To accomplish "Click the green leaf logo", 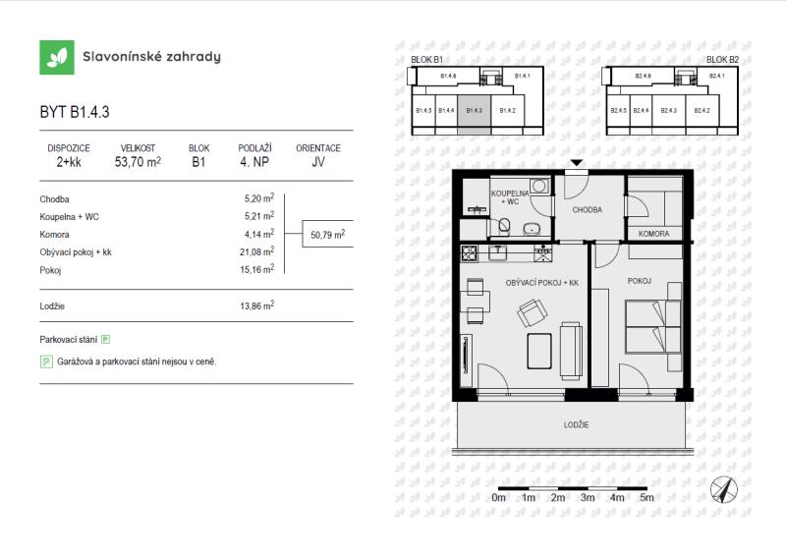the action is click(x=57, y=58).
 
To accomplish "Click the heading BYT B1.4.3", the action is click(x=75, y=112).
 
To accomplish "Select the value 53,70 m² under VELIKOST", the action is click(x=138, y=162).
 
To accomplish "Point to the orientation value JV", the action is click(x=317, y=162).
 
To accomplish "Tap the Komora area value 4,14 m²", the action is click(x=259, y=234).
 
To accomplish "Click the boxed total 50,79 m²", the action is click(x=328, y=234).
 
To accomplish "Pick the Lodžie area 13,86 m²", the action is click(x=257, y=305).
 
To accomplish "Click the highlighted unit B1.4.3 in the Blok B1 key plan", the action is click(x=474, y=114).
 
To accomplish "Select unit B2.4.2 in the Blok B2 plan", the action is click(x=702, y=110).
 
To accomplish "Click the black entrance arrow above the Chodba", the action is click(x=577, y=163).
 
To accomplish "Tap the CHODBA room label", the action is click(x=587, y=210).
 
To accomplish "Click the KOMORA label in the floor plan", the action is click(x=653, y=234).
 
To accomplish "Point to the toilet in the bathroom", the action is click(x=504, y=226).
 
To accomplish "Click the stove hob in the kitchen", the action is click(x=470, y=253).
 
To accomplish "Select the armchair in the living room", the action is click(x=533, y=312).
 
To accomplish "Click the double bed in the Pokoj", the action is click(x=653, y=326).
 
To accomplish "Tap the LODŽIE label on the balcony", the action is click(x=576, y=424).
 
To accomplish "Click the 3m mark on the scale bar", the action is click(x=588, y=497).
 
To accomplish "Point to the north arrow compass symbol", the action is click(x=723, y=489).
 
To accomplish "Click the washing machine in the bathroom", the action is click(x=539, y=186).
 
